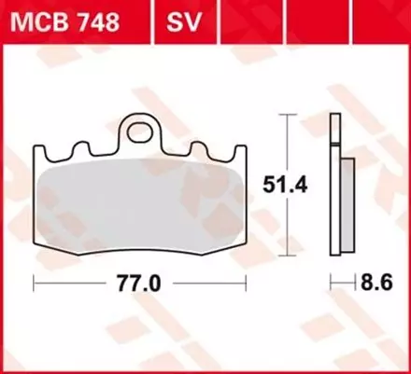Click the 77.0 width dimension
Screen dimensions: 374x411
click(140, 279)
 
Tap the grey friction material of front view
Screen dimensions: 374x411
click(140, 201)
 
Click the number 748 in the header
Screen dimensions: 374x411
click(97, 21)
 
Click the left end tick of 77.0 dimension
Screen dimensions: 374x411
click(35, 279)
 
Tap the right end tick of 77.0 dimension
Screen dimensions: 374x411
click(246, 279)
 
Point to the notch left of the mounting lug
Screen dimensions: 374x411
click(106, 150)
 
